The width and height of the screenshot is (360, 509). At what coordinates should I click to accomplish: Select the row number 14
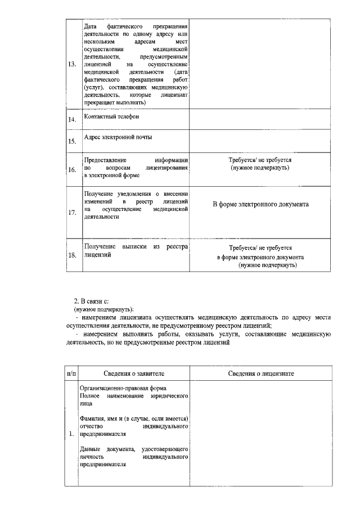[71, 120]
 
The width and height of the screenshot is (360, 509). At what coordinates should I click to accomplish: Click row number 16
[71, 169]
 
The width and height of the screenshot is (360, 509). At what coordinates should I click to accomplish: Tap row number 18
[71, 255]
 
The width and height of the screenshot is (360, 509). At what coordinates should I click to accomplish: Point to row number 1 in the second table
[71, 434]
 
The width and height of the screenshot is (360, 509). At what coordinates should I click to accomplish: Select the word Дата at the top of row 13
[89, 27]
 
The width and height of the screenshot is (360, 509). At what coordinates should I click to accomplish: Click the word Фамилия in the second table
[93, 419]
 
